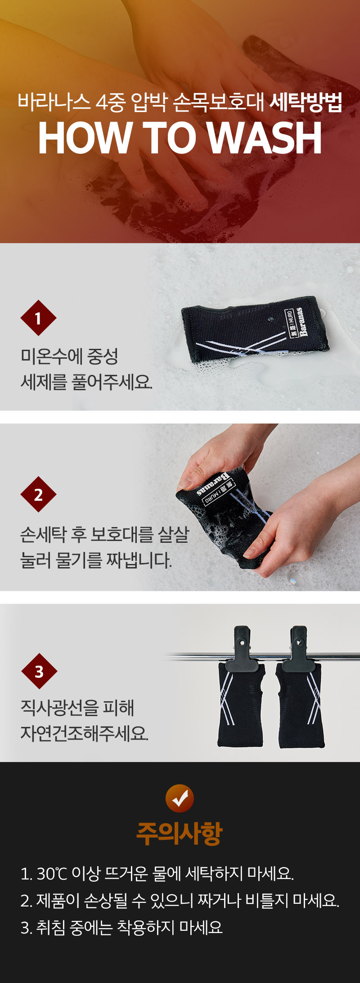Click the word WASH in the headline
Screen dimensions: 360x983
[265, 138]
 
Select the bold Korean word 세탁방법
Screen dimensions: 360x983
[306, 102]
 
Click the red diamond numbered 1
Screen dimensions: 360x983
[38, 318]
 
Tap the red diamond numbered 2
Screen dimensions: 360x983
[38, 495]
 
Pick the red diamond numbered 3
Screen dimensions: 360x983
[39, 671]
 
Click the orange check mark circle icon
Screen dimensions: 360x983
[180, 798]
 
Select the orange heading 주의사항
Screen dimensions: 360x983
[180, 833]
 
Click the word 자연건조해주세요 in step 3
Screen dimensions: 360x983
[84, 734]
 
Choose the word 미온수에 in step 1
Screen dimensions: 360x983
[52, 356]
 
